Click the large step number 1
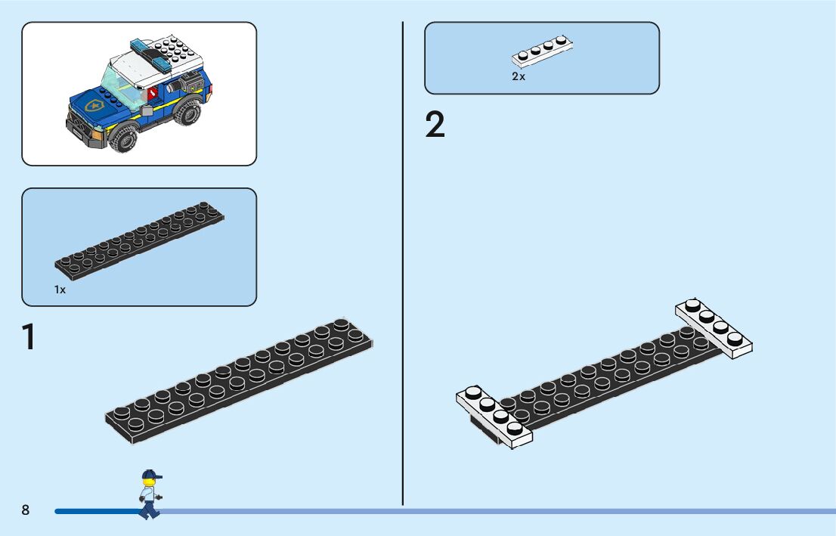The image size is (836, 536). [x=29, y=337]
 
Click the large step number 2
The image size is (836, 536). [x=435, y=125]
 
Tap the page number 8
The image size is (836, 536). [x=26, y=510]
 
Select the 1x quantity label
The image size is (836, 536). [x=60, y=290]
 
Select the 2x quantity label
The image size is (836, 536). [x=518, y=77]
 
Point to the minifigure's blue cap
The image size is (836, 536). [x=151, y=475]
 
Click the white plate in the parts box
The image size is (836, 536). [x=542, y=51]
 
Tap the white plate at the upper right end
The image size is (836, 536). [x=714, y=326]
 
